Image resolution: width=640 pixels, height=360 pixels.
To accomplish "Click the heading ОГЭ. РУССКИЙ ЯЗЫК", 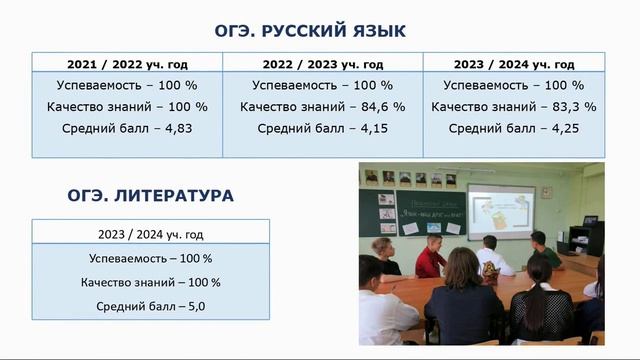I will pos(310,30).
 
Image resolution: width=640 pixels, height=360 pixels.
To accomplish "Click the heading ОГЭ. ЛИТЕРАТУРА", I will pos(150,196).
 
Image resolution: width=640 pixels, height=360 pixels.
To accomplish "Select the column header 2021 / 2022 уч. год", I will pos(127,63).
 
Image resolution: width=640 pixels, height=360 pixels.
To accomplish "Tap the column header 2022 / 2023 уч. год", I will pos(323,63).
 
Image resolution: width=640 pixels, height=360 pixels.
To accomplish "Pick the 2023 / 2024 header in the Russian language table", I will pos(515,63).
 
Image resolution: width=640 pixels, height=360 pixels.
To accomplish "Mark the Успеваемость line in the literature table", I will pos(150,258).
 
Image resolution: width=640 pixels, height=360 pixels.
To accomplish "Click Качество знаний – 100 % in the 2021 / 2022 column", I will pos(127,106).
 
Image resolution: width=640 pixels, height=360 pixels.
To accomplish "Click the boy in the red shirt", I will pos(430,258).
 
